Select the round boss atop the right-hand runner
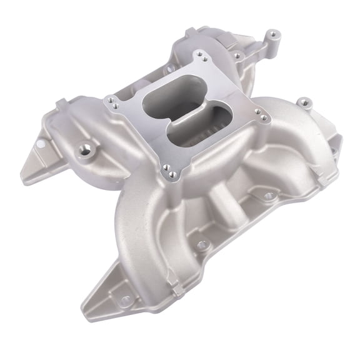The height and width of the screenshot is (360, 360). click(304, 102)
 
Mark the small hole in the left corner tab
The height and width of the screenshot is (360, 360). click(39, 146)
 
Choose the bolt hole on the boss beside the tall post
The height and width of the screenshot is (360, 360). click(237, 56)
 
